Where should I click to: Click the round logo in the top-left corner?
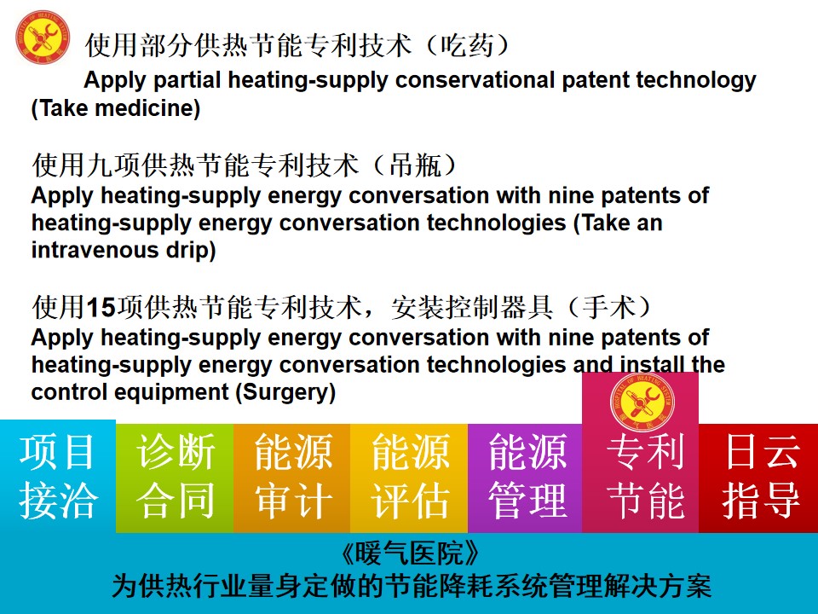click(x=43, y=37)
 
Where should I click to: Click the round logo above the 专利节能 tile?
click(x=641, y=402)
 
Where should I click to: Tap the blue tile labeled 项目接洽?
click(x=57, y=476)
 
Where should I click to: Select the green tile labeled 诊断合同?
click(x=175, y=478)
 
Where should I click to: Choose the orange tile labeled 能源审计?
click(x=292, y=478)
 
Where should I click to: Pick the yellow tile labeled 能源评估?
click(x=410, y=478)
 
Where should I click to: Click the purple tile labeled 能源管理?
click(x=526, y=478)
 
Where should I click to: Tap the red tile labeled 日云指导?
click(x=758, y=478)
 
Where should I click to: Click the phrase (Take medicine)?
click(x=116, y=108)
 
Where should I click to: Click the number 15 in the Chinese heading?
click(x=101, y=307)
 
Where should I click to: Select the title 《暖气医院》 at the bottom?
click(x=410, y=553)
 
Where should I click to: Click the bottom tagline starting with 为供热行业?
click(x=412, y=586)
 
